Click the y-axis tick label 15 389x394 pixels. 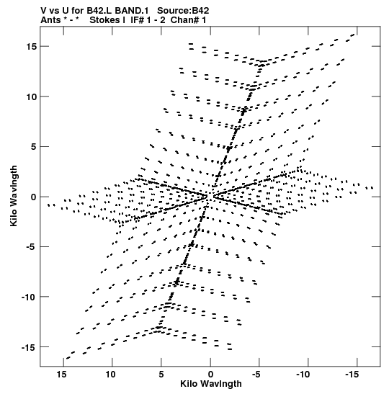(32, 47)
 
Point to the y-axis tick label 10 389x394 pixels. (32, 97)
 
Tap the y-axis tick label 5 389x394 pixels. (34, 146)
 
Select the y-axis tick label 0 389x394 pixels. (34, 197)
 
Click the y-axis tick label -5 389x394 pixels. (32, 247)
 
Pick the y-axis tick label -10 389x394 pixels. (29, 297)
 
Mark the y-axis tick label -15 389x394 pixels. (29, 347)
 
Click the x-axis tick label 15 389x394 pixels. (61, 375)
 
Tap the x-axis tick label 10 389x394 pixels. (110, 375)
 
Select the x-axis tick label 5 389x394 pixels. (161, 375)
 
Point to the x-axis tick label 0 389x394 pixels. (210, 375)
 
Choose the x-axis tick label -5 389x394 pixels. (256, 375)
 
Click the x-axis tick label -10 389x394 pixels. (303, 375)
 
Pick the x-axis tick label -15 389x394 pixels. (352, 375)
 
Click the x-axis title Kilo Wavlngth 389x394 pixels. (211, 384)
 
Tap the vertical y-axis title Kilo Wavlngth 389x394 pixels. (14, 196)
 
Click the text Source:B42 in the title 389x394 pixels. (183, 11)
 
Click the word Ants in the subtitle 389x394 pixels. (50, 20)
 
